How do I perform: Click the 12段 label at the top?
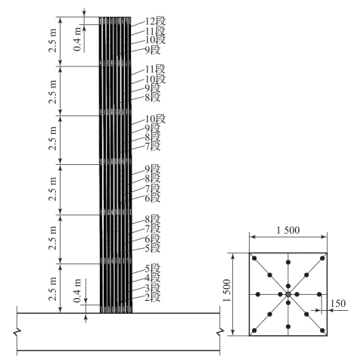coord(155,21)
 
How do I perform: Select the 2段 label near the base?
coord(153,297)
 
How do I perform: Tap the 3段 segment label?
coord(153,287)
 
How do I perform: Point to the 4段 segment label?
coord(153,278)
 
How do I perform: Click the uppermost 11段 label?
coord(155,31)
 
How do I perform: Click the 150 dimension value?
coord(338,303)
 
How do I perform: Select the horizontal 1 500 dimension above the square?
coord(288,230)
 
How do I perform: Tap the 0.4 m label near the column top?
coord(78,39)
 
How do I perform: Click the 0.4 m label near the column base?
coord(78,290)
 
